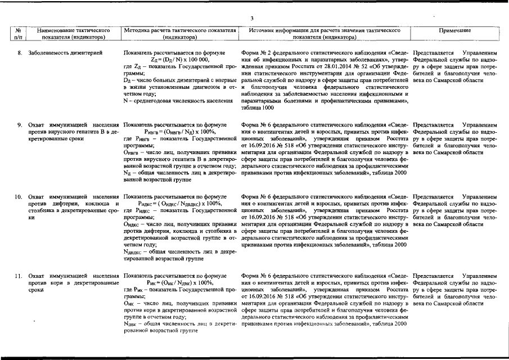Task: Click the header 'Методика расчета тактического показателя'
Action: (x=178, y=30)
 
